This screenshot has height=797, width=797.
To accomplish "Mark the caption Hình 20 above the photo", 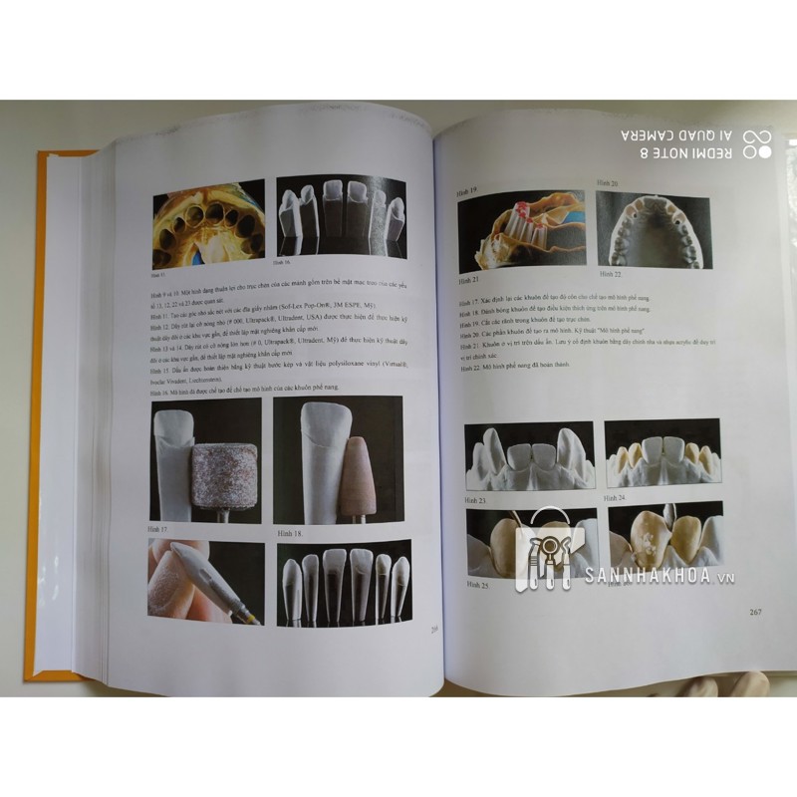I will (608, 184).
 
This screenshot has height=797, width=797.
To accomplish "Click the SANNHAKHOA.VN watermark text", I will (667, 576).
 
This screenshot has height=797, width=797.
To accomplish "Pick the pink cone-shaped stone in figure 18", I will (354, 478).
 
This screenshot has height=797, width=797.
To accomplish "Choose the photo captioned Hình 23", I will (529, 456).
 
